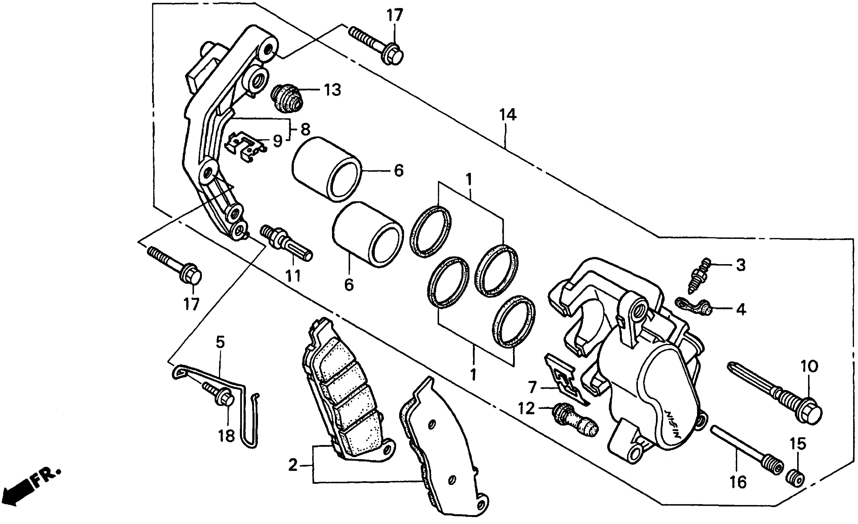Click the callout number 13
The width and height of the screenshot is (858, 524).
pos(332,90)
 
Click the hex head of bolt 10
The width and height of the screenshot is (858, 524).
pos(811,414)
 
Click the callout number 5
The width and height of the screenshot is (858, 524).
pos(220,342)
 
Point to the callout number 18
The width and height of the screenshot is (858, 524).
pos(227,435)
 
